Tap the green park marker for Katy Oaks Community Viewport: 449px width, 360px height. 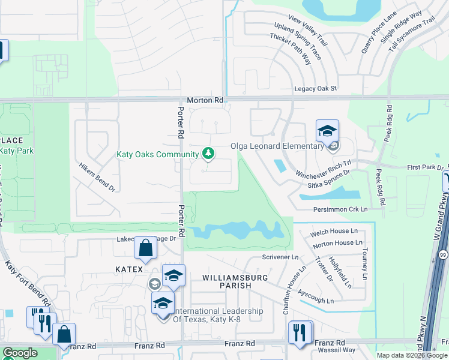(208, 154)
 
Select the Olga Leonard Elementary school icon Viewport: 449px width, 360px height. (328, 131)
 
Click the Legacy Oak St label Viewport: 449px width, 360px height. (316, 89)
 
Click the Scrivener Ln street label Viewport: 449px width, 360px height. (280, 257)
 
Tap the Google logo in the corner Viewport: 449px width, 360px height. (20, 353)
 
